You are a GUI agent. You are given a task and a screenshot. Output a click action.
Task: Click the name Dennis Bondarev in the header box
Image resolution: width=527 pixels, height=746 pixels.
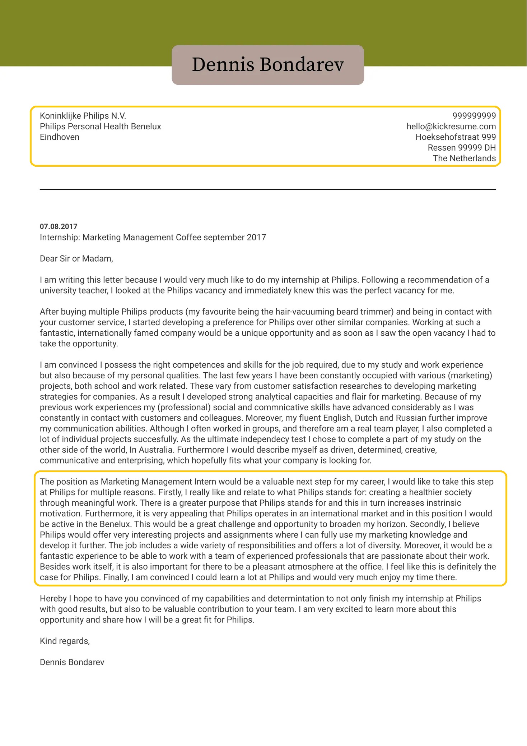click(268, 65)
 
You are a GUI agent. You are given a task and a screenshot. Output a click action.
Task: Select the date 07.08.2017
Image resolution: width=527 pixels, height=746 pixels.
click(59, 226)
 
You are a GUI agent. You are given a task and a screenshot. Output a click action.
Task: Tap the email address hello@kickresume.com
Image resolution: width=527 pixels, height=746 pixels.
click(451, 126)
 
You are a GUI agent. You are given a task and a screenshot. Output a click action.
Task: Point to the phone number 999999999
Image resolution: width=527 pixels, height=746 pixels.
click(474, 116)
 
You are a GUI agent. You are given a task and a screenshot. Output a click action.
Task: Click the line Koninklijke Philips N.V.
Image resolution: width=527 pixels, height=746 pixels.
click(83, 116)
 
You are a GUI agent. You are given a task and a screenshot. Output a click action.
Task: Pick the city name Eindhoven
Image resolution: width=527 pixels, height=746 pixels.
click(60, 137)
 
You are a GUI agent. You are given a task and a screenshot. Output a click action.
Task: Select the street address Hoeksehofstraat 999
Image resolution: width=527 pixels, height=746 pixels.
click(456, 137)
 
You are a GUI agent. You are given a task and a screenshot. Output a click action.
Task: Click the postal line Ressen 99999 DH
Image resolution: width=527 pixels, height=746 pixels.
click(462, 148)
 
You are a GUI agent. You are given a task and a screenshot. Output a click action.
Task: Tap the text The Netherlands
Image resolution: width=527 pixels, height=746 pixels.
click(464, 158)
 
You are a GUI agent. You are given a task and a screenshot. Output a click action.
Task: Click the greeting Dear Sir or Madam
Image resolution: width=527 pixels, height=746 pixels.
click(76, 259)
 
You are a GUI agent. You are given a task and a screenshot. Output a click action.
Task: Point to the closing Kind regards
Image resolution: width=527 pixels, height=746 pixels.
click(65, 641)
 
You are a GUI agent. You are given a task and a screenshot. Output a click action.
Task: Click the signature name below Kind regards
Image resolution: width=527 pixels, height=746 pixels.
click(72, 662)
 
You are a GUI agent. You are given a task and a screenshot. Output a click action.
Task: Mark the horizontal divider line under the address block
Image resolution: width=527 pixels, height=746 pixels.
click(268, 189)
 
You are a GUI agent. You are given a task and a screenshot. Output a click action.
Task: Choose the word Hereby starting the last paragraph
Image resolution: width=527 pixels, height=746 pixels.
click(53, 599)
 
